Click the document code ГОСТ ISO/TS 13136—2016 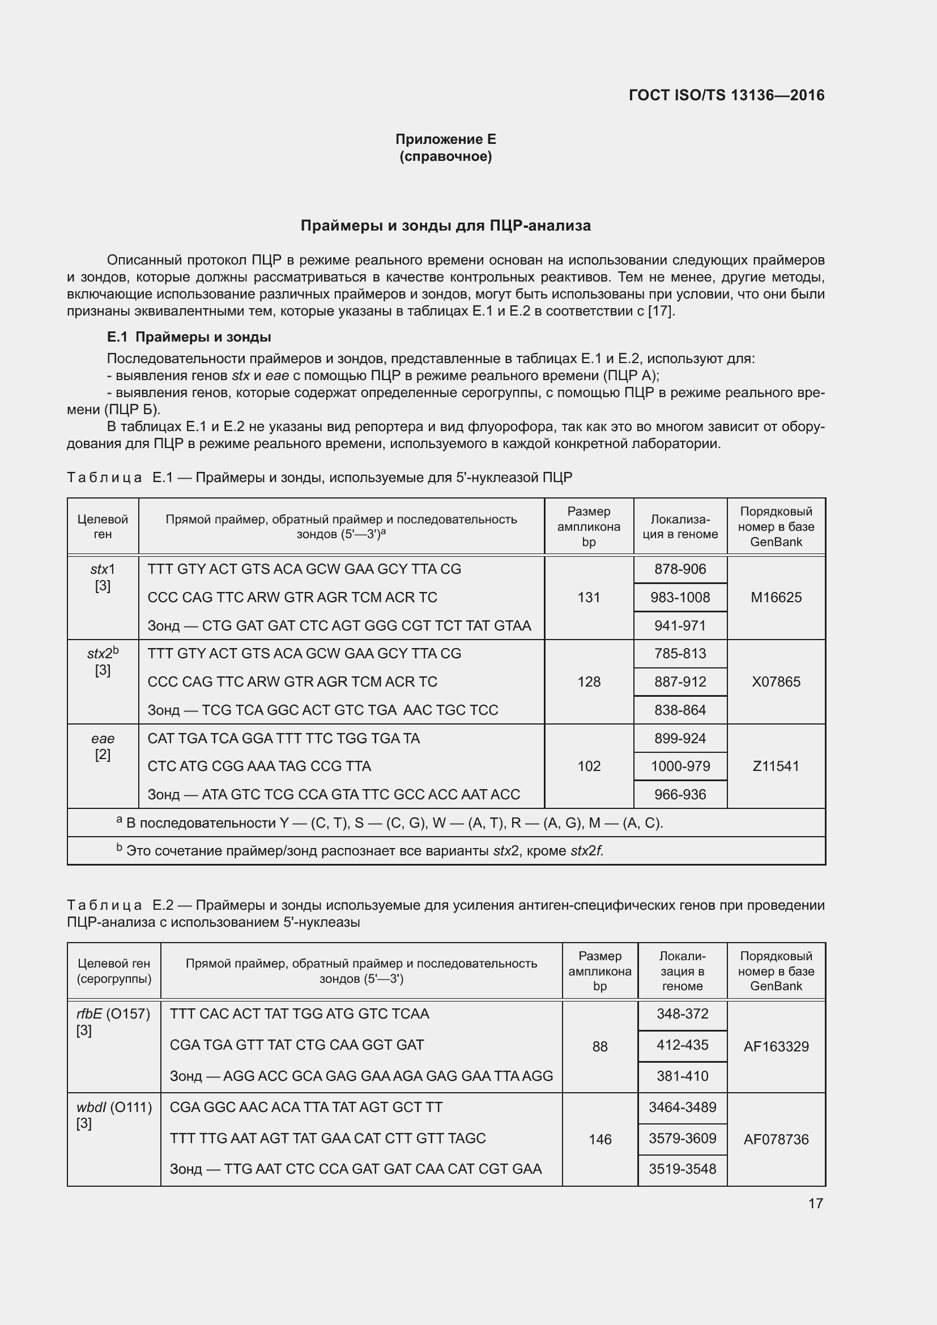[x=726, y=95]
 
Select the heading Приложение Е [x=445, y=139]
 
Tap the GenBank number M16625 [x=776, y=597]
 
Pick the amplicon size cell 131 [x=589, y=597]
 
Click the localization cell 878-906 [x=680, y=569]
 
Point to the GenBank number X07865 [x=776, y=681]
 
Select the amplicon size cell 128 [x=589, y=681]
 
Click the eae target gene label [x=103, y=739]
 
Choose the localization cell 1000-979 [x=680, y=766]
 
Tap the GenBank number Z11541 [x=776, y=766]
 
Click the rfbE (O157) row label [x=113, y=1014]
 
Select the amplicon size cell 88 [x=599, y=1046]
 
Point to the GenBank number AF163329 [x=776, y=1046]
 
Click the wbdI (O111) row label [x=114, y=1107]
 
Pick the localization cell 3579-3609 [x=682, y=1138]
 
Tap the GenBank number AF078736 [x=776, y=1139]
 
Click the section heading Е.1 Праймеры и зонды [x=189, y=337]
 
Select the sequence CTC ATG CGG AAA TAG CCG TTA [x=259, y=766]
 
